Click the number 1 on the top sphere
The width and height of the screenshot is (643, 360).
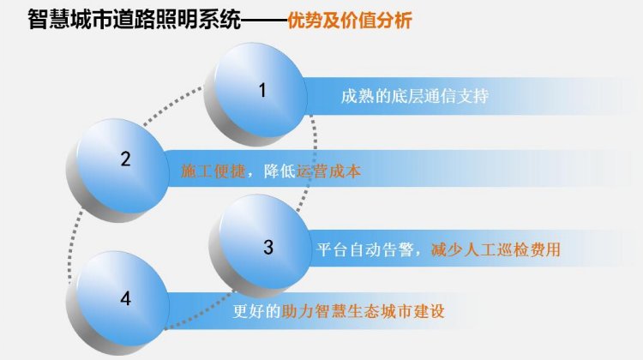pyautogui.click(x=262, y=90)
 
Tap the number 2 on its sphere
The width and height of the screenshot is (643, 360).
pyautogui.click(x=125, y=159)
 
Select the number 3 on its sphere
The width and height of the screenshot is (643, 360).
pyautogui.click(x=268, y=247)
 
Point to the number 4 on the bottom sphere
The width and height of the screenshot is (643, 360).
pyautogui.click(x=125, y=298)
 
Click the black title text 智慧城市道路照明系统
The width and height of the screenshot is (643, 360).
pyautogui.click(x=135, y=20)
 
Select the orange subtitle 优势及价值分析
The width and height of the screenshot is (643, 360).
pyautogui.click(x=350, y=21)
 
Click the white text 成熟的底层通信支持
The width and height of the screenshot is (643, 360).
pyautogui.click(x=415, y=96)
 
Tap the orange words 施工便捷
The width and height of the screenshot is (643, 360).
pyautogui.click(x=213, y=171)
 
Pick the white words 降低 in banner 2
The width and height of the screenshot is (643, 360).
pyautogui.click(x=279, y=171)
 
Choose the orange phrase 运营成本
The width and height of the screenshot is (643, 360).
pyautogui.click(x=328, y=171)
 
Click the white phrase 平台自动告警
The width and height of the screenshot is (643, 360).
pyautogui.click(x=365, y=249)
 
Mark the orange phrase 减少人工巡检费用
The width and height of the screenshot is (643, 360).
pyautogui.click(x=496, y=249)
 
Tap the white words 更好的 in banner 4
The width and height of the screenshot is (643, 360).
pyautogui.click(x=256, y=312)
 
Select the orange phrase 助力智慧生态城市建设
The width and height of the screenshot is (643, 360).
pyautogui.click(x=364, y=312)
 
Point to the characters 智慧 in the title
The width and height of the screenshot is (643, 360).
pyautogui.click(x=49, y=20)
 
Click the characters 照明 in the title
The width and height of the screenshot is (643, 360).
pyautogui.click(x=177, y=20)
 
